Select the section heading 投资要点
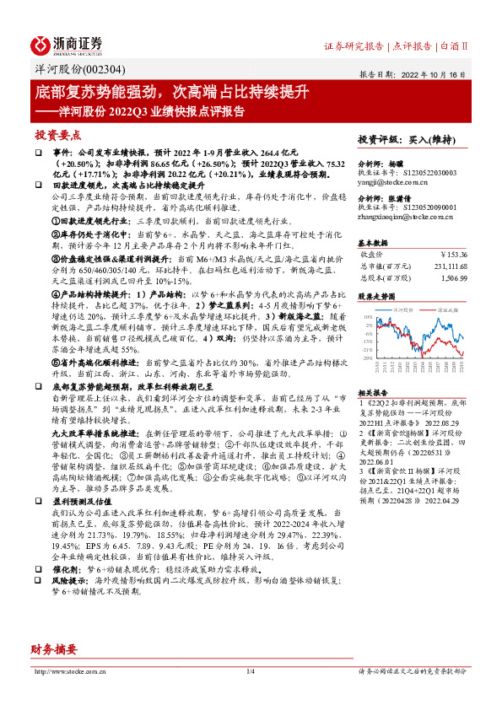58,135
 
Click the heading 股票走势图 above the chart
376,298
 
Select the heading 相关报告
372,394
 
